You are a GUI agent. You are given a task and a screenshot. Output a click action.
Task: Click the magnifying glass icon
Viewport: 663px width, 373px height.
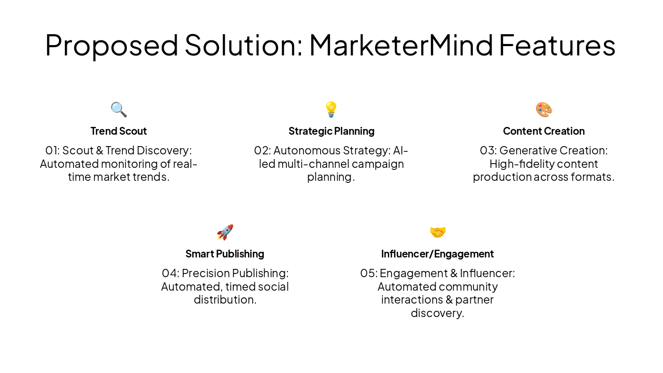point(119,109)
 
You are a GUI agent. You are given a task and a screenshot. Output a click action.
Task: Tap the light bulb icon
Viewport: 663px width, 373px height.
point(331,109)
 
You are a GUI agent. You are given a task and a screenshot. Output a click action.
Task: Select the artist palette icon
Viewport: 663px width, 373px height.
point(544,109)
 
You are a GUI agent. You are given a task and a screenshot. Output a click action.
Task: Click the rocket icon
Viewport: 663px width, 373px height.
point(225,232)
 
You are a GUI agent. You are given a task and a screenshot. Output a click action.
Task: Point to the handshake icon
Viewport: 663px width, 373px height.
point(438,232)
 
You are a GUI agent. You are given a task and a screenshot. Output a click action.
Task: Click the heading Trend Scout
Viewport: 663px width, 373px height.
point(119,131)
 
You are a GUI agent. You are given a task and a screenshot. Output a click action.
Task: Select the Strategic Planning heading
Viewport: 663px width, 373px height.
point(331,131)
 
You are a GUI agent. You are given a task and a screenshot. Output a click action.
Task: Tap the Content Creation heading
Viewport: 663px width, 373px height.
point(544,131)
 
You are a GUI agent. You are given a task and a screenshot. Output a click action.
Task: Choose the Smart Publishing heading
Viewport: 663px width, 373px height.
point(225,254)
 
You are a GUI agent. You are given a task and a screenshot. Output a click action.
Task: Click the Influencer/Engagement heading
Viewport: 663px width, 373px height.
point(438,254)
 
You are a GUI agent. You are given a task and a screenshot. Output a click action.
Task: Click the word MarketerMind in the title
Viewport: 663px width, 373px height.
point(401,45)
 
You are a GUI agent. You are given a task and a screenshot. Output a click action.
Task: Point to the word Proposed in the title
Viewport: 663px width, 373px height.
point(111,45)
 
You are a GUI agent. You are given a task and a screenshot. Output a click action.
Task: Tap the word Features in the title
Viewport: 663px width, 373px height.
point(557,45)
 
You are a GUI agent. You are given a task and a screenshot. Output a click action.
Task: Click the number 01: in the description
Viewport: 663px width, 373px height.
point(52,151)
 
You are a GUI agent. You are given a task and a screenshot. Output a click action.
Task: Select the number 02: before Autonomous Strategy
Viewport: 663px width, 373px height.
point(262,151)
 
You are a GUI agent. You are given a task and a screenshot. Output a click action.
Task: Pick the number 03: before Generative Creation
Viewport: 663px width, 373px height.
point(488,151)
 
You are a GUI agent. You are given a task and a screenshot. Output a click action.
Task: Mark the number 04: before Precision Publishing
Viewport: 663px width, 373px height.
point(170,274)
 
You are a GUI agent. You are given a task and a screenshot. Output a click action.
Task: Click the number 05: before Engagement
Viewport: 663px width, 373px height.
point(369,274)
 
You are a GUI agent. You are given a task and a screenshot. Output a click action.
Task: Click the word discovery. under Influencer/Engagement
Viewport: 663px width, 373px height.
point(438,313)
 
